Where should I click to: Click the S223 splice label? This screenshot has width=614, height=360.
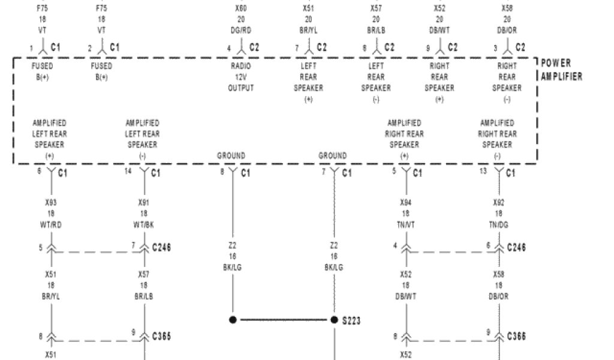[x=351, y=321]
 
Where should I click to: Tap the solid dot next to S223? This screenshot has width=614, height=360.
[x=335, y=320]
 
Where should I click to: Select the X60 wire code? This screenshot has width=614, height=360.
[x=240, y=9]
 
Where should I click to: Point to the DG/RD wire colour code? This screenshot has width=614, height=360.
[x=240, y=31]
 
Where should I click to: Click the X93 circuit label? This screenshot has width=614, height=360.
[x=51, y=203]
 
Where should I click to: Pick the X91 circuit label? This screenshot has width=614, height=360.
[x=143, y=203]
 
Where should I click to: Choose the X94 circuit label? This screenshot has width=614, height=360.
[x=405, y=203]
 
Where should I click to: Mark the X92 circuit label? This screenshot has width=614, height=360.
[x=498, y=203]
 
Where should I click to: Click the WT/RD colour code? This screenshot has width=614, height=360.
[x=51, y=225]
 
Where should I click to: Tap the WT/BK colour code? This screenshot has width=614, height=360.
[x=143, y=225]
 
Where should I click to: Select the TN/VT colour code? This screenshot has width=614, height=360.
[x=405, y=225]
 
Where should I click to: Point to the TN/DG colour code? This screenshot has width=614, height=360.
[x=498, y=225]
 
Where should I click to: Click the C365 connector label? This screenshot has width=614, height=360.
[x=161, y=337]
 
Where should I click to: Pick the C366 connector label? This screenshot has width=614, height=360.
[x=516, y=337]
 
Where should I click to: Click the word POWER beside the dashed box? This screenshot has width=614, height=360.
[x=556, y=63]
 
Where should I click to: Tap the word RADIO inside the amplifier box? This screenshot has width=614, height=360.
[x=240, y=66]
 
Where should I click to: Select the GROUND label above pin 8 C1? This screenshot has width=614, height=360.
[x=231, y=156]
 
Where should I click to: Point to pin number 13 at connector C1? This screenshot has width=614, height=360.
[x=483, y=172]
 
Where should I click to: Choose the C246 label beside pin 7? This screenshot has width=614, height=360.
[x=161, y=247]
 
